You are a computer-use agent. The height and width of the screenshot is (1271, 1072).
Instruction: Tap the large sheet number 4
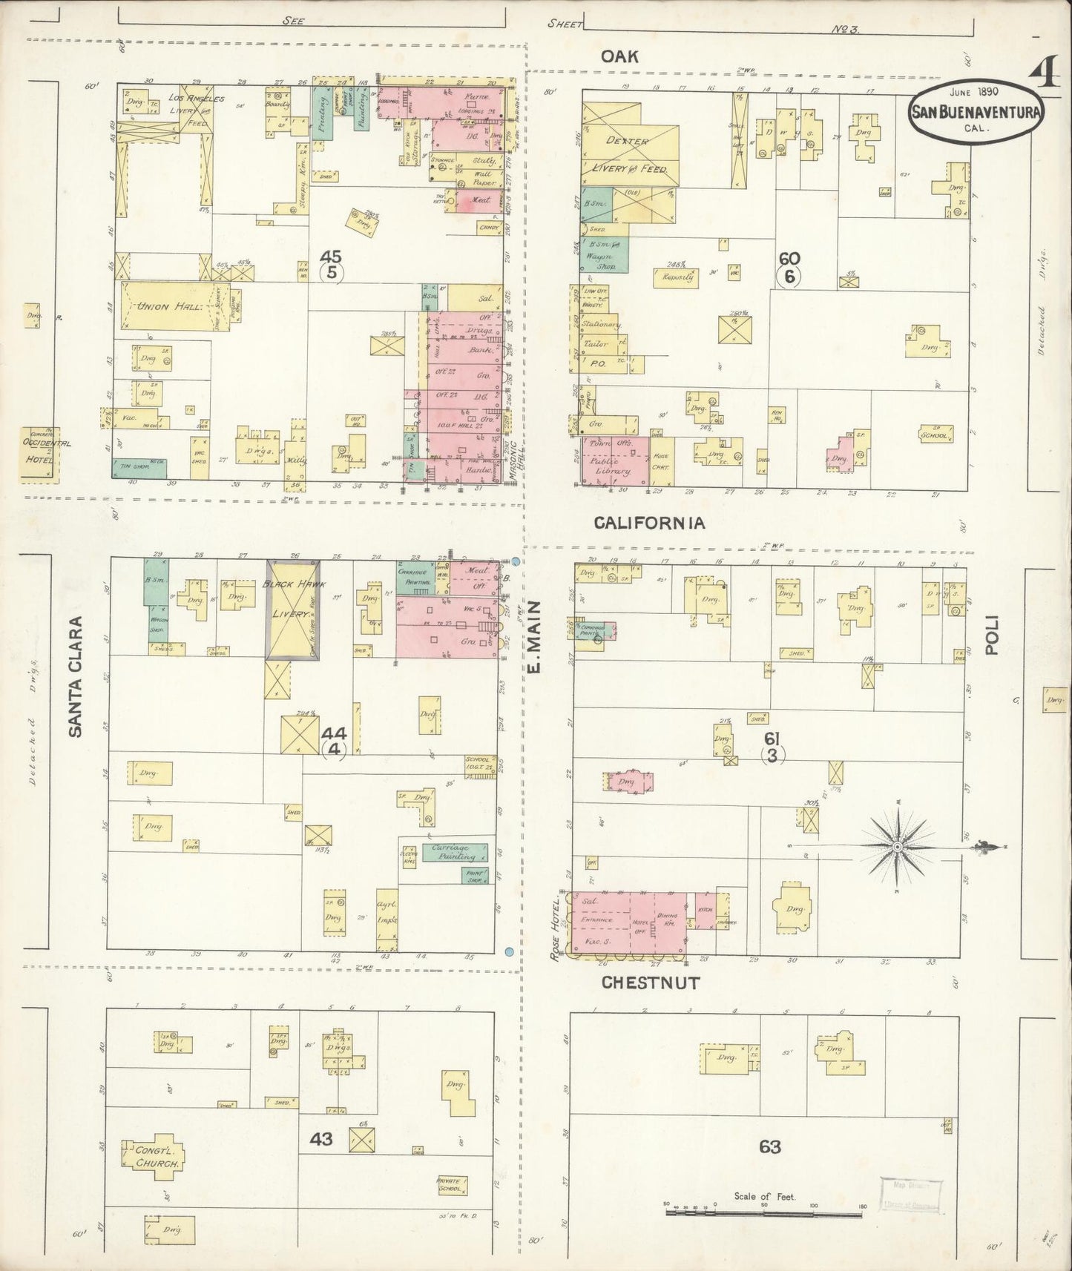[x=1047, y=74]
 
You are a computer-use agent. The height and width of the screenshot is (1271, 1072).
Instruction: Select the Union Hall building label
[x=165, y=307]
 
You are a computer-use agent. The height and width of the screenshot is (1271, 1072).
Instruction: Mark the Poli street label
[x=992, y=635]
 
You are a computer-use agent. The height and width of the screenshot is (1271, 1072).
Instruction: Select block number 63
[x=769, y=1147]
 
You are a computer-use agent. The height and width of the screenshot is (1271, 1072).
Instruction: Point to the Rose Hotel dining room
[x=664, y=921]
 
